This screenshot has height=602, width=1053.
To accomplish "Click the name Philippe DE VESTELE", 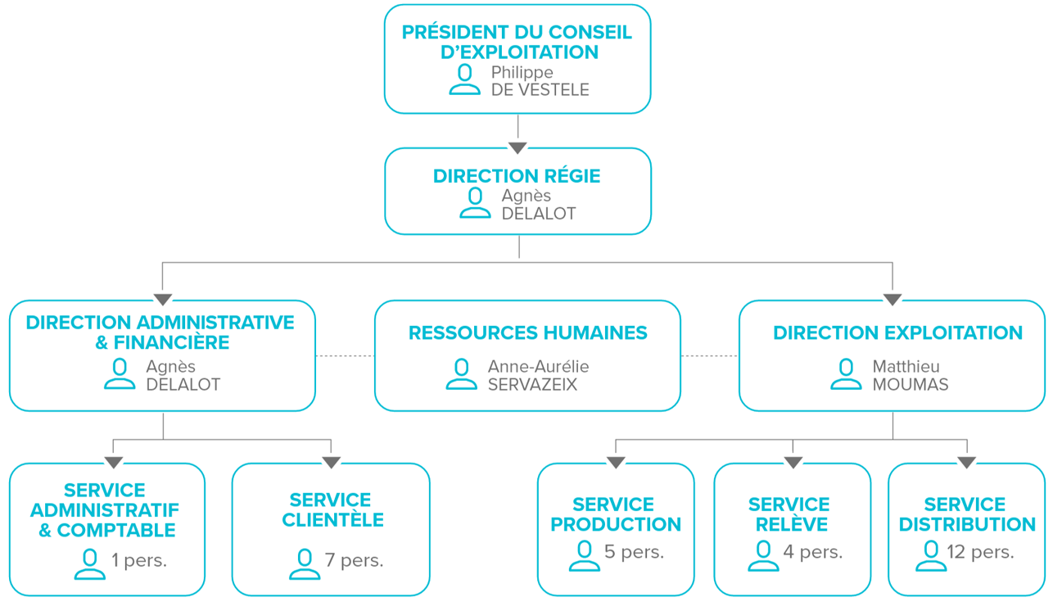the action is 540,81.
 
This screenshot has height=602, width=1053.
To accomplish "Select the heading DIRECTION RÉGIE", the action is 517,176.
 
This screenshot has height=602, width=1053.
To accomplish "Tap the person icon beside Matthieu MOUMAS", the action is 846,374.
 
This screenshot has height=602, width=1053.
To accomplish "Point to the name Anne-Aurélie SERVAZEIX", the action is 538,375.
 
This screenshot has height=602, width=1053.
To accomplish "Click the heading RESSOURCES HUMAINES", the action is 527,333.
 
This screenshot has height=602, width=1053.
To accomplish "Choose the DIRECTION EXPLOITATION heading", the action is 897,333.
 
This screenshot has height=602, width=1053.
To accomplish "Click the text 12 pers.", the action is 980,552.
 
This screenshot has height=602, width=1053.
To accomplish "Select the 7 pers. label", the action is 354,560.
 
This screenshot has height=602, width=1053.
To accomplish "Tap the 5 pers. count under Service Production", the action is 634,552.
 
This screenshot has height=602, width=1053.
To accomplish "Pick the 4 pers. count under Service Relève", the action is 813,552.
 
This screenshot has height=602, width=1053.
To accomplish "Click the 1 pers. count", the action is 138,560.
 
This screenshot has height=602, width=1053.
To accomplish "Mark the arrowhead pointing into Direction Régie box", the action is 517,148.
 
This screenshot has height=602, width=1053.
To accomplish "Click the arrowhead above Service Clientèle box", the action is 331,462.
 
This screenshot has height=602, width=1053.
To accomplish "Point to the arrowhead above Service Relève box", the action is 793,462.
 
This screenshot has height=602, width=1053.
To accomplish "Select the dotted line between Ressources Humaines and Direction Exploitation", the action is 709,356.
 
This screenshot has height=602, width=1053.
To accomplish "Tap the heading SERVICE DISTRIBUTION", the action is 967,514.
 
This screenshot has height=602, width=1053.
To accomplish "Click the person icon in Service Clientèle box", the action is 305,564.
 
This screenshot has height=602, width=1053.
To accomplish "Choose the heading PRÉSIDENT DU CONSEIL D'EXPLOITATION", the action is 517,42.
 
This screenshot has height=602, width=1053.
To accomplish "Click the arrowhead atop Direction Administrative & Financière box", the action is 163,300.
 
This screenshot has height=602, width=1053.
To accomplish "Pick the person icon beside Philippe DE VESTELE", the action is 464,79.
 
